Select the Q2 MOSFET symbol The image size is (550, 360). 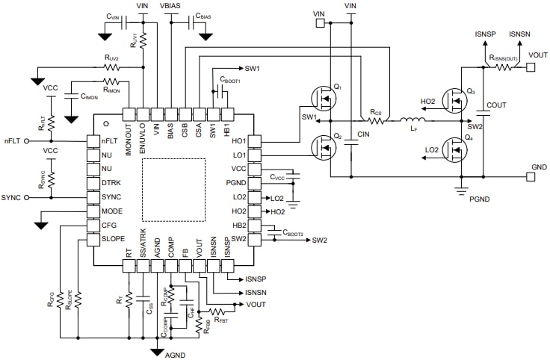(x=324, y=146)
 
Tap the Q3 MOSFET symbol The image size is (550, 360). (x=454, y=99)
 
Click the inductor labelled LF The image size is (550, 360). (x=412, y=121)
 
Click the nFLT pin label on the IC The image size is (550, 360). (x=108, y=140)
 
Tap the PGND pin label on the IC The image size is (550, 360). (x=237, y=183)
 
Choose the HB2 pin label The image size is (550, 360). (x=239, y=225)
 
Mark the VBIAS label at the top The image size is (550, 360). (x=173, y=6)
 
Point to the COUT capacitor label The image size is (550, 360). (x=497, y=105)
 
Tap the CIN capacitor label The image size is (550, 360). (x=365, y=134)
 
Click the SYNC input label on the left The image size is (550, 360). (x=11, y=197)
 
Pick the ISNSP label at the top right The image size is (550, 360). (x=485, y=34)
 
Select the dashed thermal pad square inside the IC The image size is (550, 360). (x=173, y=189)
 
